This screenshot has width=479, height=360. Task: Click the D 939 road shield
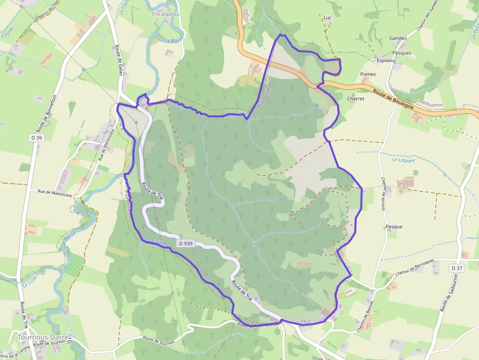coord(187,243)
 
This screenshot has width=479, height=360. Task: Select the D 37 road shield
coord(457,268)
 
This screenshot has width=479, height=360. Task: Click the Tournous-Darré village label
coord(43,337)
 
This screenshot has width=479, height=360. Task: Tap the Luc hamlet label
coord(327,18)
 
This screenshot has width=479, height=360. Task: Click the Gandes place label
coord(398,38)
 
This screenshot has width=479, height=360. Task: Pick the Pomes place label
coord(368,74)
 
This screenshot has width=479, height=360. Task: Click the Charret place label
coord(355,98)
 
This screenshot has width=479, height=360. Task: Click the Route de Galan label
coord(118,61)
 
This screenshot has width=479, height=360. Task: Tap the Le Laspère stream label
coord(404,160)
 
